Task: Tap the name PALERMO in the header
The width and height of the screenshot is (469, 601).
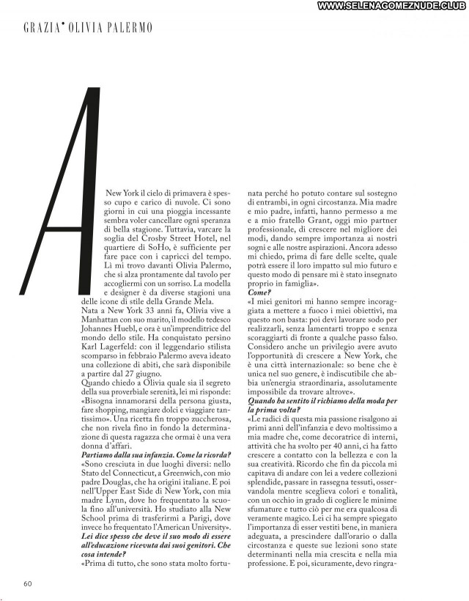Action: click(132, 28)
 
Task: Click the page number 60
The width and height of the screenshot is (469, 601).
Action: click(27, 583)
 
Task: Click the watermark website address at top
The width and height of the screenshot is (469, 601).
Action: click(392, 7)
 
